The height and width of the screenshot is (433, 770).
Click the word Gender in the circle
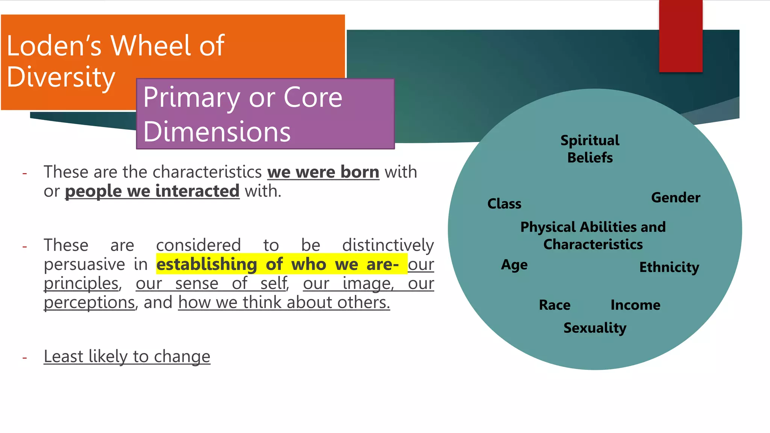pyautogui.click(x=676, y=198)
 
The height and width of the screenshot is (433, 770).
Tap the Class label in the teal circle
pyautogui.click(x=504, y=204)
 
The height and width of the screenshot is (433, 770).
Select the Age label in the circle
pyautogui.click(x=514, y=265)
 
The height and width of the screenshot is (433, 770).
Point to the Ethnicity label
pyautogui.click(x=669, y=267)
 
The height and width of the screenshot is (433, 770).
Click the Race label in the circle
pyautogui.click(x=555, y=305)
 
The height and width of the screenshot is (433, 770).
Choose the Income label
pyautogui.click(x=635, y=305)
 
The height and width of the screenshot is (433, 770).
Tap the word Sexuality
pyautogui.click(x=595, y=328)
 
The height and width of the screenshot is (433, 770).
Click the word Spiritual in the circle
pyautogui.click(x=590, y=140)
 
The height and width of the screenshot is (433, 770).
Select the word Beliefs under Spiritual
pyautogui.click(x=590, y=157)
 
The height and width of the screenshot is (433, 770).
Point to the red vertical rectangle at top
pyautogui.click(x=681, y=36)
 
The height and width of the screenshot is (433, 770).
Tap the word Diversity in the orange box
pyautogui.click(x=61, y=77)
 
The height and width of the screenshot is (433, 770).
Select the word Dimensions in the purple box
pyautogui.click(x=217, y=132)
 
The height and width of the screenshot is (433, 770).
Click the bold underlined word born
pyautogui.click(x=359, y=172)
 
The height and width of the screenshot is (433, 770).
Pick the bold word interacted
pyautogui.click(x=197, y=191)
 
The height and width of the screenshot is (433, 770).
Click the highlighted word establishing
pyautogui.click(x=206, y=264)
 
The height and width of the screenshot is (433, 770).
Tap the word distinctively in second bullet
pyautogui.click(x=388, y=245)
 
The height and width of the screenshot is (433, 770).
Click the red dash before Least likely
pyautogui.click(x=25, y=357)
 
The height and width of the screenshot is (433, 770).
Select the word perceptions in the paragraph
pyautogui.click(x=89, y=303)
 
